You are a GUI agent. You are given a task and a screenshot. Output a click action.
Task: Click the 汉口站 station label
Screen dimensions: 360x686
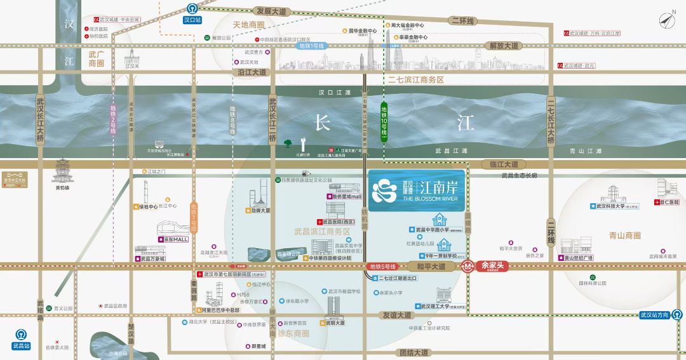[192, 20]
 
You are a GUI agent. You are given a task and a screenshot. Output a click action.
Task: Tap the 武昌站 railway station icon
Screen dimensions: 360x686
[21, 335]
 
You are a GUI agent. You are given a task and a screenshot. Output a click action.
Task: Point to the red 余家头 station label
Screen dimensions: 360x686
[492, 266]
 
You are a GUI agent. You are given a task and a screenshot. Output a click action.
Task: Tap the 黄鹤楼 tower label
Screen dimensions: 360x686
[62, 188]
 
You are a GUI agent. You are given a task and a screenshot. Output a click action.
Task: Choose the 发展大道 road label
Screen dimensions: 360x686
[271, 11]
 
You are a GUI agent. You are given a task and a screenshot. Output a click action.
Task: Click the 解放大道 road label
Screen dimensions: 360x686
[504, 46]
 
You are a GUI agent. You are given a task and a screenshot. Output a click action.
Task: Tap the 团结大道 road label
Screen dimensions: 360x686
[414, 352]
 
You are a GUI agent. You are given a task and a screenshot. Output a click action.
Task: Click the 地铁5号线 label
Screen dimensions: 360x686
[382, 266]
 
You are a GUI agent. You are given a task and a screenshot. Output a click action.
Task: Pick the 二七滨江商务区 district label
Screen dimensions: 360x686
[416, 80]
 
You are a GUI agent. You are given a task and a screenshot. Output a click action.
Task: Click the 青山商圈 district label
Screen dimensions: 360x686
[624, 235]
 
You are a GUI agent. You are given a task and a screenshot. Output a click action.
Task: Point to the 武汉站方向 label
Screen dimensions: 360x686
[654, 315]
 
